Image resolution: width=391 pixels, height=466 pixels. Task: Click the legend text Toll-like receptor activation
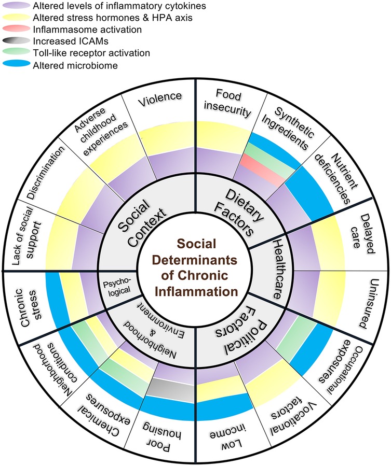click(x=99, y=53)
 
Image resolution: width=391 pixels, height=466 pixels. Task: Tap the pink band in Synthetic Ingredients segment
click(x=262, y=167)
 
